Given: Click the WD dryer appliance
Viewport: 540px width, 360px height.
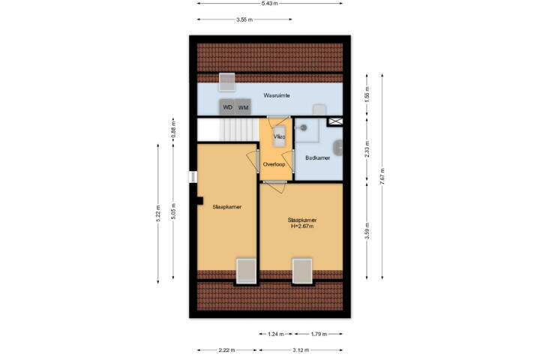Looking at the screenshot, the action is click(x=227, y=107).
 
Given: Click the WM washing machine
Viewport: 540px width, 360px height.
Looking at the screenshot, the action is click(x=243, y=107).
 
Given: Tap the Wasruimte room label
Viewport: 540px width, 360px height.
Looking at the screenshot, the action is click(x=277, y=95).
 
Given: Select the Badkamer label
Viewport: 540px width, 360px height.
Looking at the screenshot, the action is click(x=317, y=157).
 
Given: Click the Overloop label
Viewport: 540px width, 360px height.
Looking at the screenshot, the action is click(x=274, y=164).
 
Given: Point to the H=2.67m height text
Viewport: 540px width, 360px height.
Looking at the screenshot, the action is click(x=302, y=226).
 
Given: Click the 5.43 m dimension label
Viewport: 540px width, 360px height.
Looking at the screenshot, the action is click(x=270, y=4).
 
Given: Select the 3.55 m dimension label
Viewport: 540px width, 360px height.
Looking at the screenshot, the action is click(x=244, y=19).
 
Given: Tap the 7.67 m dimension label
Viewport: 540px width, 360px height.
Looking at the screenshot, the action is click(x=382, y=176).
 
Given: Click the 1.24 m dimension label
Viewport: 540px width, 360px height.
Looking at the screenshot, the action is click(x=276, y=334).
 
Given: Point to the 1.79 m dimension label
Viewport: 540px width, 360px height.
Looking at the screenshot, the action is click(x=319, y=334).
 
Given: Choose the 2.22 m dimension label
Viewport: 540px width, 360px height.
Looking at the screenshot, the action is click(x=227, y=350).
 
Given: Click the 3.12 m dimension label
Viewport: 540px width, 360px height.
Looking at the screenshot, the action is click(x=301, y=350).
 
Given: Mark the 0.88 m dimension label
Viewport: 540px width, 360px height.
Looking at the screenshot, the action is click(x=174, y=127).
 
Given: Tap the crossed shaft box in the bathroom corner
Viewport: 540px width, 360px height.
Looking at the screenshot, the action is click(x=335, y=121).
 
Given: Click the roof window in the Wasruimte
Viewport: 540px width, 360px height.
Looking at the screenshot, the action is click(x=227, y=82).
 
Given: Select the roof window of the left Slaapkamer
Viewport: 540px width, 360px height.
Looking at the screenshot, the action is click(x=246, y=271).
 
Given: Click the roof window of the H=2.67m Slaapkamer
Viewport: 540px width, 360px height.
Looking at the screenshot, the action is click(x=302, y=271).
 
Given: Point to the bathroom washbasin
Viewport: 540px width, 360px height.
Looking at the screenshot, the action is click(x=337, y=148).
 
